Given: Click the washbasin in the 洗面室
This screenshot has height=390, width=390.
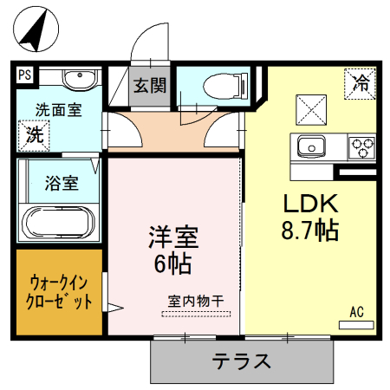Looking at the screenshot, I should click(79, 78).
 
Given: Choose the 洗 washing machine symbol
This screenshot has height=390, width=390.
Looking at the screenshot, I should click(34, 134).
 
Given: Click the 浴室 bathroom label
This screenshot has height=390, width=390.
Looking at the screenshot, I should click(62, 183).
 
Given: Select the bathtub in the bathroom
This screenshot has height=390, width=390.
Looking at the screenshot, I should click(60, 224).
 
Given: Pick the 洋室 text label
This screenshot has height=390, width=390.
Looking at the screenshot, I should click(174, 236).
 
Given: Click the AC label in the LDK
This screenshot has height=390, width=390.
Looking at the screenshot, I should click(356, 310).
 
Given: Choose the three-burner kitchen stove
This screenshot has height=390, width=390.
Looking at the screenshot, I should click(361, 147).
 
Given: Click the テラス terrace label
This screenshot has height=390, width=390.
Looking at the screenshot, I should click(243, 360).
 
